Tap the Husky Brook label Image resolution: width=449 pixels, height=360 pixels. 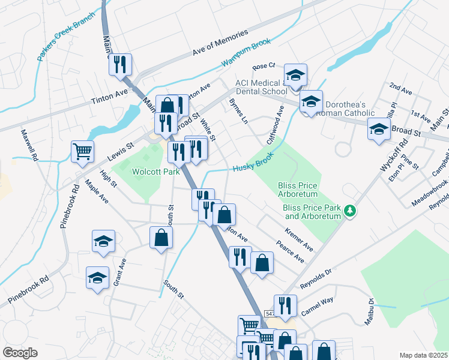pos(253,162)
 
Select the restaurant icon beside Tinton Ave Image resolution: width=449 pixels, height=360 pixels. pos(120,64)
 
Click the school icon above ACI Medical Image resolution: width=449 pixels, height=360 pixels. pos(295,74)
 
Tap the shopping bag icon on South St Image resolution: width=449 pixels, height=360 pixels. pos(161,238)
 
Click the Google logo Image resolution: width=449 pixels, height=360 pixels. pos(20,353)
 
